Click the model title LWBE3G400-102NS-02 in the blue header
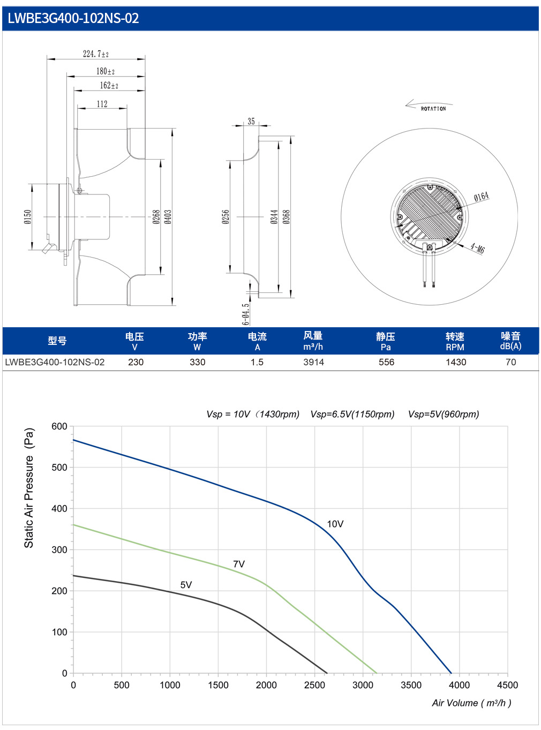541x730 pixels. (x=73, y=18)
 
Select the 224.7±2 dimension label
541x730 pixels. (x=95, y=54)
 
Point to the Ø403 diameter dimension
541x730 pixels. (x=168, y=217)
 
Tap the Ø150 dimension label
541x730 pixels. (x=28, y=217)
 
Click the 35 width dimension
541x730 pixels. (x=251, y=122)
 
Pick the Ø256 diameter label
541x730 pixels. (x=226, y=217)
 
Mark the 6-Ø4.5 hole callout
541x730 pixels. (x=246, y=314)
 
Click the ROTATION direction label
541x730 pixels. (x=433, y=109)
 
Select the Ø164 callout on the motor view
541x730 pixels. (x=482, y=197)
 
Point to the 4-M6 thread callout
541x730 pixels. (x=477, y=247)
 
